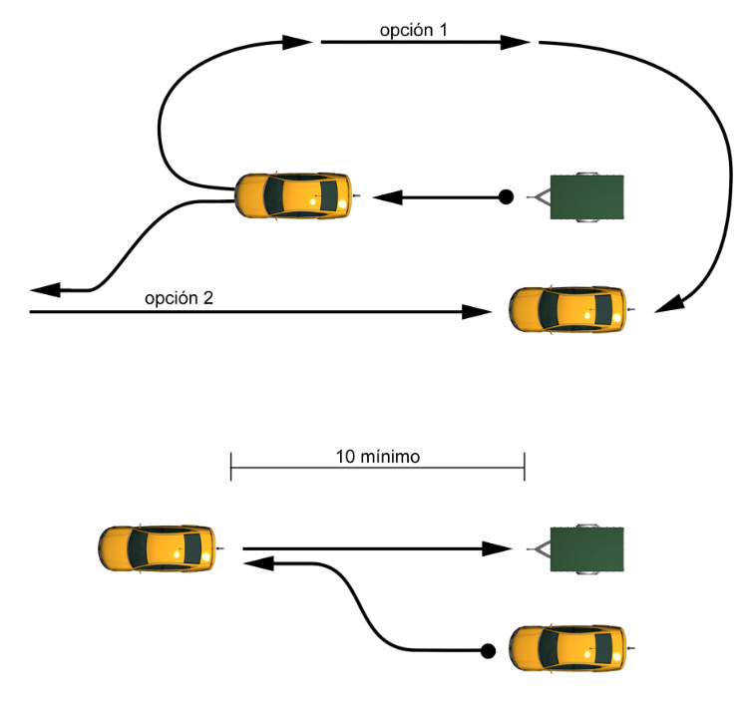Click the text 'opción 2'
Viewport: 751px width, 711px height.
[x=179, y=298]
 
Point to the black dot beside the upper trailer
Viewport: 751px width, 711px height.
[x=506, y=197]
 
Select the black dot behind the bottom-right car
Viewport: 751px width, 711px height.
[x=488, y=652]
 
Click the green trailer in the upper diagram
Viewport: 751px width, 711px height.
[x=587, y=195]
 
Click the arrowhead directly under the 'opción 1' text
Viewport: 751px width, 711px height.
[x=516, y=42]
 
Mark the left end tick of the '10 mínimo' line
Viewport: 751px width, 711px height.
[x=230, y=466]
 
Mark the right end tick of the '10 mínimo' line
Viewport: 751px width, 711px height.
[x=525, y=466]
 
